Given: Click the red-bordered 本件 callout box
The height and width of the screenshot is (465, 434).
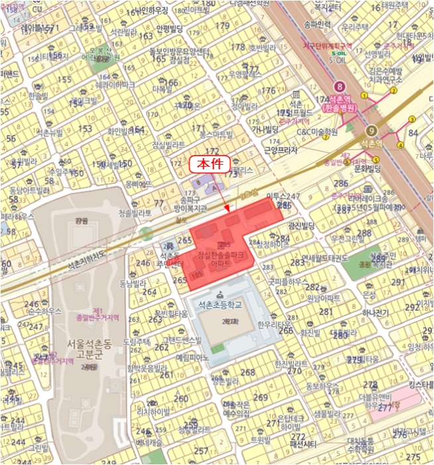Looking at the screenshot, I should point(210,163).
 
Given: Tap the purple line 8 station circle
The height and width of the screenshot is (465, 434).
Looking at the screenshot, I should point(341,86).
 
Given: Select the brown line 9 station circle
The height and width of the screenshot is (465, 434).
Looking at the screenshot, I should point(372,130).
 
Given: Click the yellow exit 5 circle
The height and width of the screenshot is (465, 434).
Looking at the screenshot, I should point(376,159).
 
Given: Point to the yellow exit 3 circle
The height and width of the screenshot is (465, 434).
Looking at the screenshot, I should point(412,119).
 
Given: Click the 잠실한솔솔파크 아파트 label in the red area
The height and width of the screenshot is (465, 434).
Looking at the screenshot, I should point(222,259).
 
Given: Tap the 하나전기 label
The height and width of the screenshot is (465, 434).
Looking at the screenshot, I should point(378,312).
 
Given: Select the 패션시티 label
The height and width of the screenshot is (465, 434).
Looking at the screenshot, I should point(305,443).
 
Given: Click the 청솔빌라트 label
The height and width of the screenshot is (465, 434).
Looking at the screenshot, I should point(135,213).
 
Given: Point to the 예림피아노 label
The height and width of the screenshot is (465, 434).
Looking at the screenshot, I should point(192,357).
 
